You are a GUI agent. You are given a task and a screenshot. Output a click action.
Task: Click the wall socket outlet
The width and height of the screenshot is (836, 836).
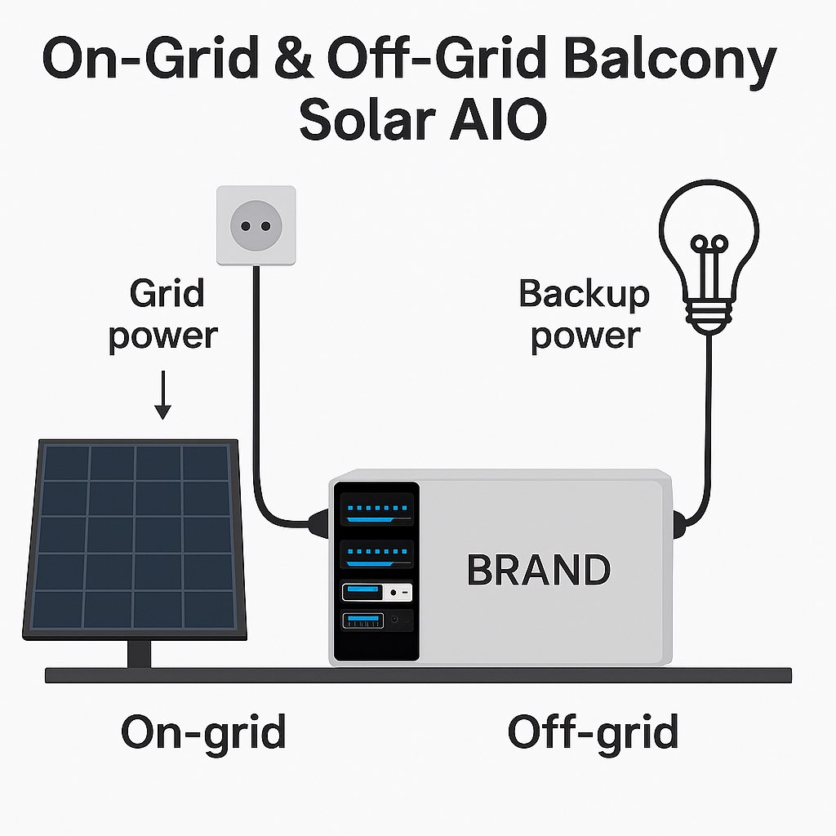tap(256, 225)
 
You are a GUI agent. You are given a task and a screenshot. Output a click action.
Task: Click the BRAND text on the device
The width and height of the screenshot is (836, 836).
tap(538, 570)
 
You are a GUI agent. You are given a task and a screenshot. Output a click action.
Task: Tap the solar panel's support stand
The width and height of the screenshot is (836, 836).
tap(140, 653)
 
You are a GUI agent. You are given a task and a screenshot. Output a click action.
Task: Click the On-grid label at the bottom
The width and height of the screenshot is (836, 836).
tap(203, 731)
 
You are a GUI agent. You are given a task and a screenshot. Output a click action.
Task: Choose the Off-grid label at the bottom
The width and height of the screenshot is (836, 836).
tap(593, 731)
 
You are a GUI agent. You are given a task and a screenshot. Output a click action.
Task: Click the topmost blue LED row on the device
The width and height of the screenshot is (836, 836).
tap(376, 508)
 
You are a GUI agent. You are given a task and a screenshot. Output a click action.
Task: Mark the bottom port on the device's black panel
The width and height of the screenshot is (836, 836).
tap(376, 621)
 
